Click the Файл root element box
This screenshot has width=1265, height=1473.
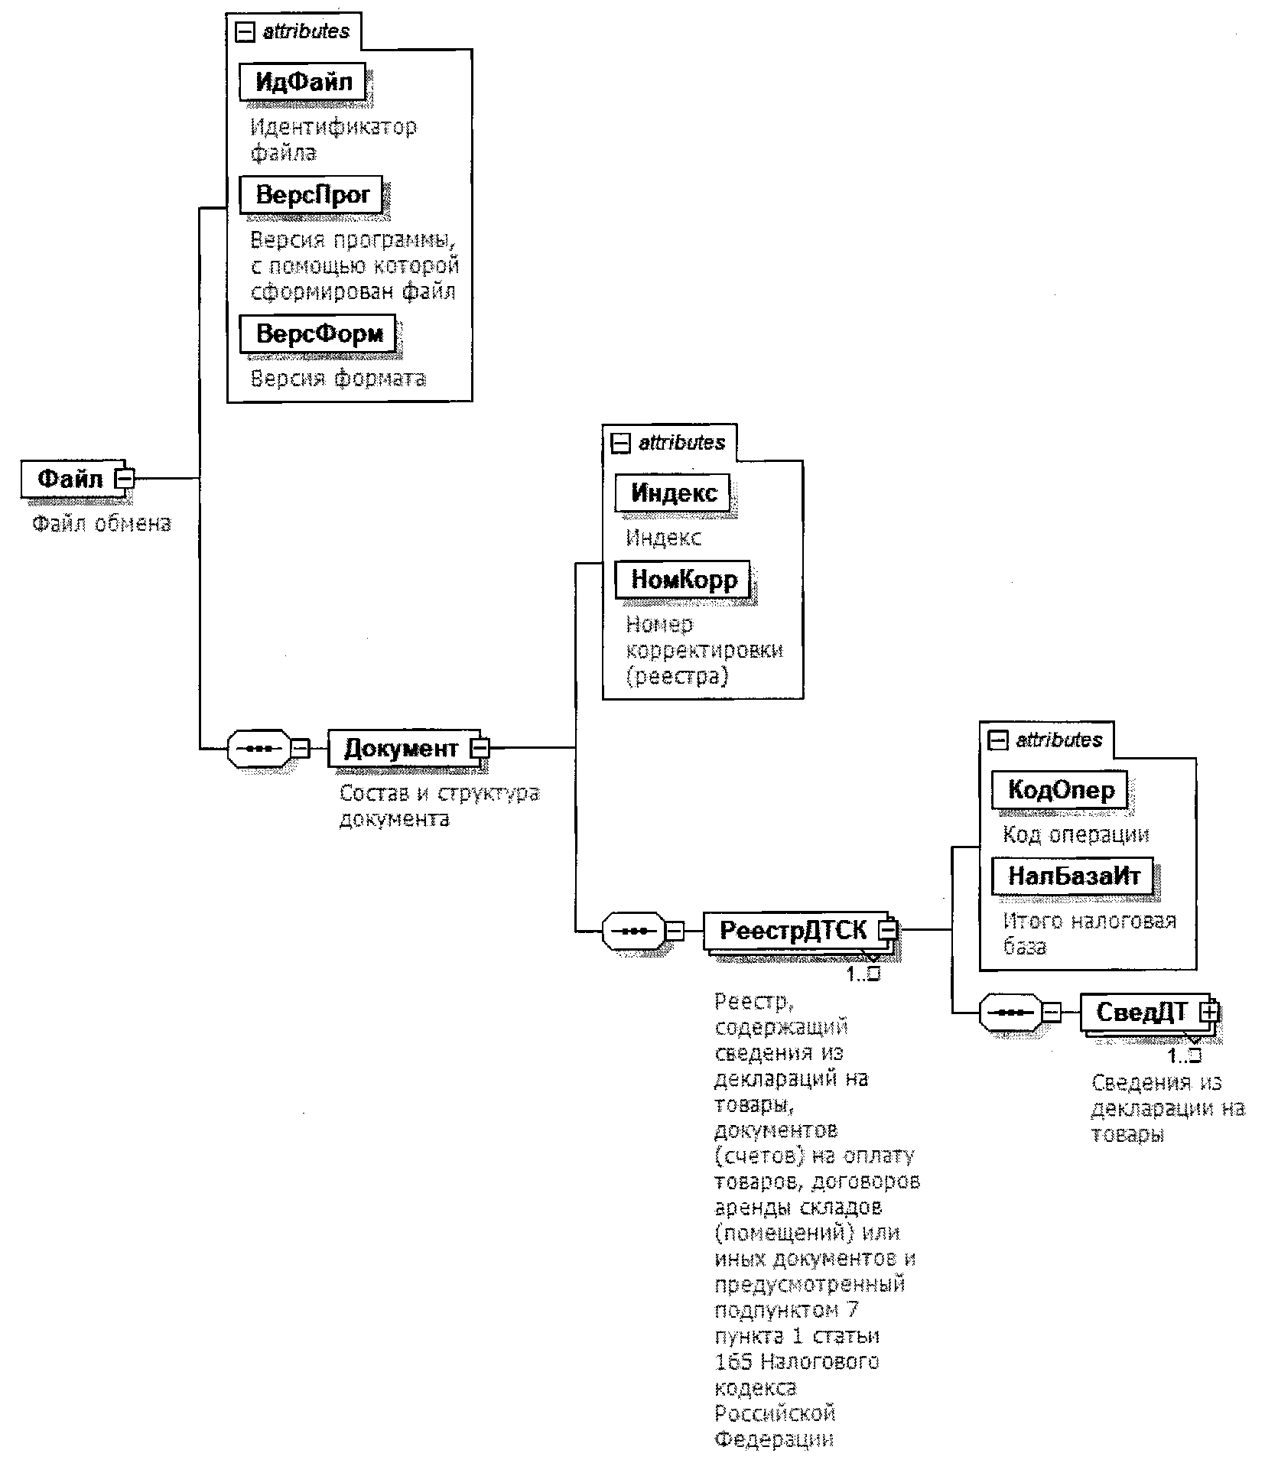(x=70, y=480)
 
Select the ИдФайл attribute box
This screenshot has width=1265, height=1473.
(x=303, y=81)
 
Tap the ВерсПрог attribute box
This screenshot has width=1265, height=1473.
(x=311, y=194)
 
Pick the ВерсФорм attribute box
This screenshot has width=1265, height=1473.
(x=319, y=333)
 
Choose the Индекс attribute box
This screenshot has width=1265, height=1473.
(x=673, y=493)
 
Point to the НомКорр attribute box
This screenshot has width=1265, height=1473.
(x=683, y=580)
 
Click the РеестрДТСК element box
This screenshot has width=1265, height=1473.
(x=793, y=930)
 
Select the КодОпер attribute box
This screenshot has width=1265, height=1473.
(x=1060, y=789)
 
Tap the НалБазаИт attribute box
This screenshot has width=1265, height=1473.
(x=1073, y=876)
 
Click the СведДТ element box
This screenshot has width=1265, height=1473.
(x=1141, y=1012)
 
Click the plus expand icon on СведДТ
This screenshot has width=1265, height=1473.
(x=1209, y=1011)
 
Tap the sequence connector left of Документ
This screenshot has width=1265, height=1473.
(x=259, y=748)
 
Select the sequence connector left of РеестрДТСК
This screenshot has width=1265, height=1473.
(x=633, y=931)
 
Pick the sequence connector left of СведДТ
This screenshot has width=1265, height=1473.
(x=1010, y=1013)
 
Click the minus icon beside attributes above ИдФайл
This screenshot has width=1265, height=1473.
(x=244, y=32)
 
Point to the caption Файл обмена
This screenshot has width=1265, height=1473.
(x=102, y=524)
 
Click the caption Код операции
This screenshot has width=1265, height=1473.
(x=1075, y=834)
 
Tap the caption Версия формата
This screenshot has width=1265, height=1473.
(x=338, y=378)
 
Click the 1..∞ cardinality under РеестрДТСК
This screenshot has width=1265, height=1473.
(x=863, y=974)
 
